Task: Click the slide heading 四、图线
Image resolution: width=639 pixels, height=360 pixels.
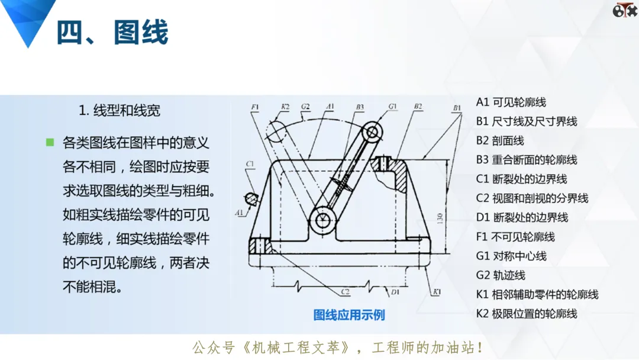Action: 112,32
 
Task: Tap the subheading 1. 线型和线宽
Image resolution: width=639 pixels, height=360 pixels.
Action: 119,110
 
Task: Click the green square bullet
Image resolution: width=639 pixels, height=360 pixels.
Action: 50,142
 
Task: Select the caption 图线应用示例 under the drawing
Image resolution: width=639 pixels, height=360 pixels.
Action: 349,315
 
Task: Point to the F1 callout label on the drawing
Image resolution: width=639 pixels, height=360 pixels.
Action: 254,107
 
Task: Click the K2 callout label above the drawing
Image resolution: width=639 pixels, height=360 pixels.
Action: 285,107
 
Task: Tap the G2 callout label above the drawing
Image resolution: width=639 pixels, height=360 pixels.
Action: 305,107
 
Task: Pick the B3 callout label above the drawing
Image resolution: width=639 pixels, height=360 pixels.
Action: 360,107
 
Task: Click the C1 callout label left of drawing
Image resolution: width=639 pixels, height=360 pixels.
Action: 250,164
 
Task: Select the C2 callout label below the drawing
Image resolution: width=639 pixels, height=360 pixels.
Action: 345,291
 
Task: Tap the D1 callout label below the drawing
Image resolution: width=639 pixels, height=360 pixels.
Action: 395,292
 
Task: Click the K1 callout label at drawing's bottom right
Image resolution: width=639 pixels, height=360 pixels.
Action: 437,291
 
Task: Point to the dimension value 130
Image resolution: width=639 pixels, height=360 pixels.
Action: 440,218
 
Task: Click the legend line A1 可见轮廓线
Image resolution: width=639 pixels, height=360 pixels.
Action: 511,102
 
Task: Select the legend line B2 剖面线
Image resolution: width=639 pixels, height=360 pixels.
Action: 500,141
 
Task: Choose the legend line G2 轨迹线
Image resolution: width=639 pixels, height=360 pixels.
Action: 501,275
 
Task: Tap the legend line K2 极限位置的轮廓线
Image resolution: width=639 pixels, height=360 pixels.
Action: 527,314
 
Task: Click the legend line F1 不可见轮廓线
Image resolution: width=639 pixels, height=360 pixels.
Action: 515,237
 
